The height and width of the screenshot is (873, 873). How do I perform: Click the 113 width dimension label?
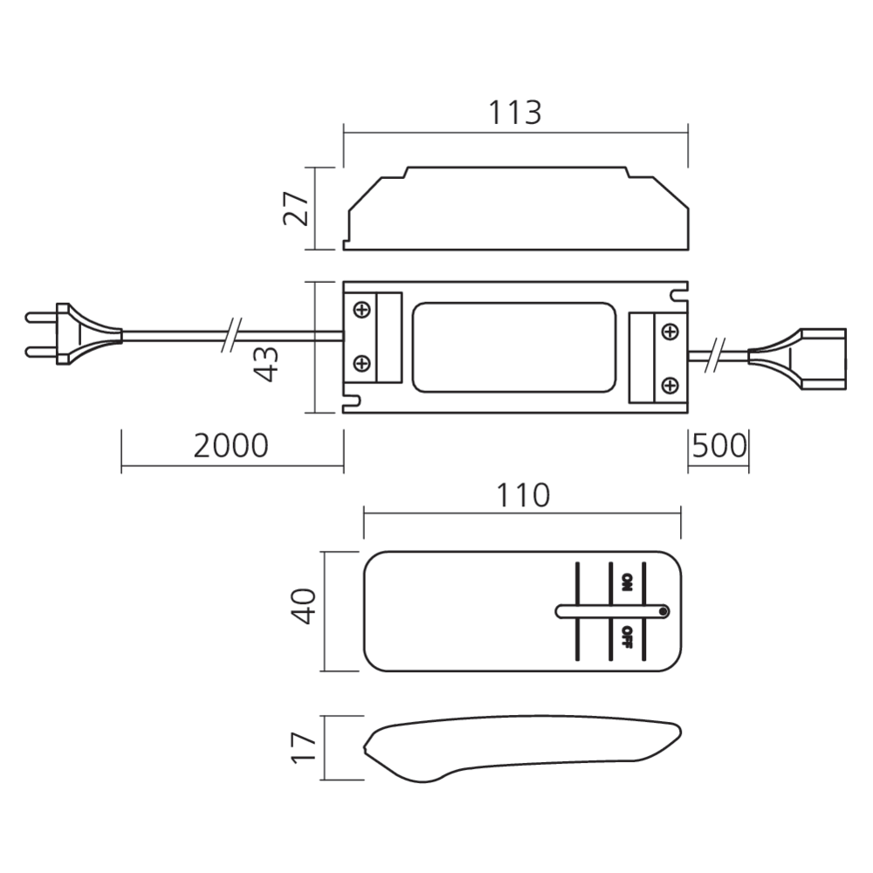pyautogui.click(x=514, y=113)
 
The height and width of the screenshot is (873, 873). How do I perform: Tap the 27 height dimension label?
pyautogui.click(x=296, y=209)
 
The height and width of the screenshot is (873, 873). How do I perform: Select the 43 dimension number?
pyautogui.click(x=265, y=363)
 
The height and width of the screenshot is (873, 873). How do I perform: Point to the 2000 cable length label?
pyautogui.click(x=230, y=445)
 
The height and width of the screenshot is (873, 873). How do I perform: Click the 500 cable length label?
pyautogui.click(x=718, y=445)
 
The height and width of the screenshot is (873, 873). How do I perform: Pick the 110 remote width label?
pyautogui.click(x=523, y=496)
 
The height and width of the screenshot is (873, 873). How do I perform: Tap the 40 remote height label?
pyautogui.click(x=304, y=607)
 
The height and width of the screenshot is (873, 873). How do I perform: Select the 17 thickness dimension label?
pyautogui.click(x=304, y=748)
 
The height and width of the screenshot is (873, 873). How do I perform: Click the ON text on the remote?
pyautogui.click(x=627, y=582)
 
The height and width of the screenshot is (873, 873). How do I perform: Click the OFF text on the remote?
pyautogui.click(x=627, y=637)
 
